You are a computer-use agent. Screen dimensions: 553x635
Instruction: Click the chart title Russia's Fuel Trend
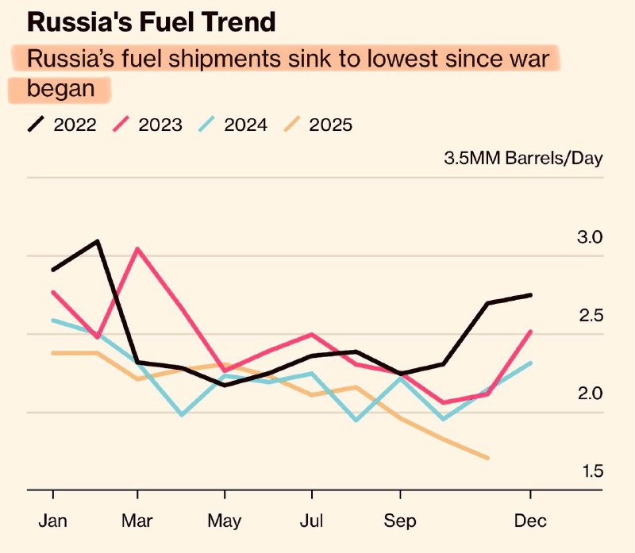point(152,21)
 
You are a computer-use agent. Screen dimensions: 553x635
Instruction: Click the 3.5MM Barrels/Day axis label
point(523,157)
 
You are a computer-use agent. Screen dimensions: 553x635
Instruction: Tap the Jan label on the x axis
point(52,522)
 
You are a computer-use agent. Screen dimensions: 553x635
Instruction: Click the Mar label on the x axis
point(137,522)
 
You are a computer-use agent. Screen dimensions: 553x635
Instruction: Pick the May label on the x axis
point(225,522)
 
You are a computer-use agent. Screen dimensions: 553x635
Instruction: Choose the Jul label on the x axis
point(311,522)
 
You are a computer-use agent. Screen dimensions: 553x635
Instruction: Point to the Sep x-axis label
point(400,522)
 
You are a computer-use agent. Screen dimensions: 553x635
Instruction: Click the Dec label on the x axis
point(530,522)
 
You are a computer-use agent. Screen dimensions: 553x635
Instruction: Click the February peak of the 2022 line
point(97,240)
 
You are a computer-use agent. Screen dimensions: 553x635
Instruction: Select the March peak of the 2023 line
point(138,248)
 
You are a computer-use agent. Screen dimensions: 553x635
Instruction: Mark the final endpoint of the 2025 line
point(487,458)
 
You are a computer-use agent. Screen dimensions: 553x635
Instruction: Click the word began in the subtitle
point(60,88)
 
